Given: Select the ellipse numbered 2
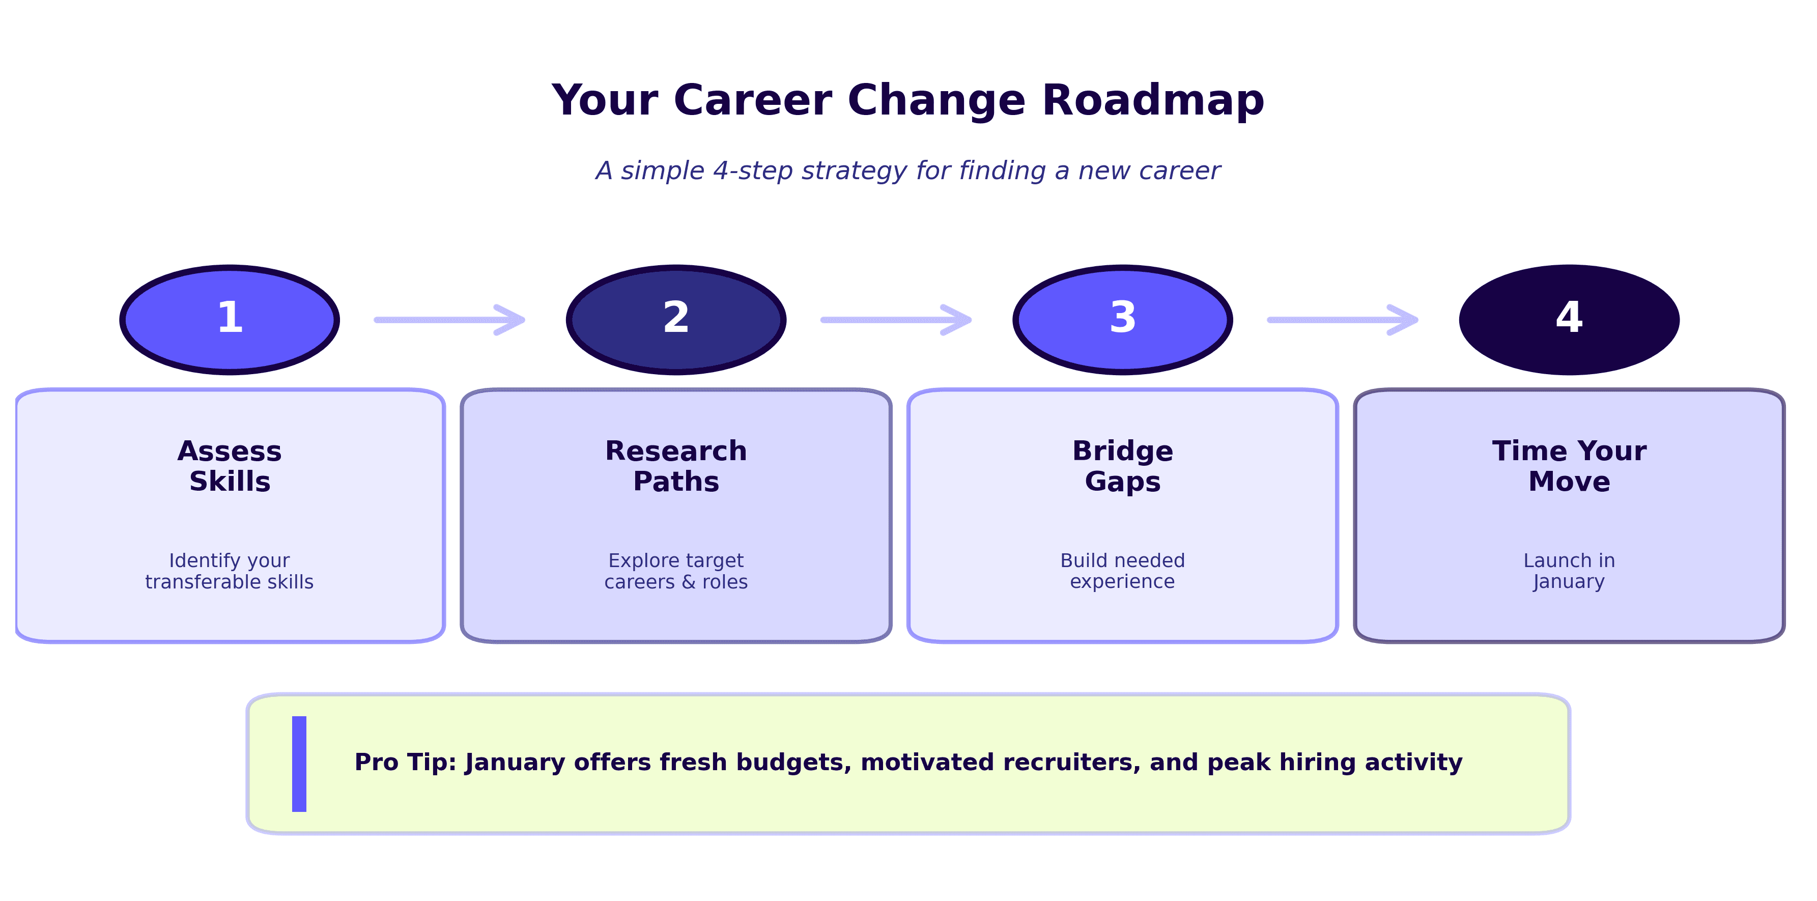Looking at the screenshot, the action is pyautogui.click(x=676, y=320).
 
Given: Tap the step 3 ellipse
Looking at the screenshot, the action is pyautogui.click(x=1122, y=320).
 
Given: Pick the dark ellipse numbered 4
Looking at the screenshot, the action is pyautogui.click(x=1569, y=320).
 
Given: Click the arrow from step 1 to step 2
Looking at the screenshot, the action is pyautogui.click(x=450, y=320).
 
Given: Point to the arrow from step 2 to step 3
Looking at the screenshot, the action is pyautogui.click(x=896, y=320).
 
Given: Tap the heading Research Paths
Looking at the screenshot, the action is pyautogui.click(x=676, y=466).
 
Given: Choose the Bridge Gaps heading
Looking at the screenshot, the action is pyautogui.click(x=1122, y=466).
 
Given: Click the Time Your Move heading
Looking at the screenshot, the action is pyautogui.click(x=1569, y=466).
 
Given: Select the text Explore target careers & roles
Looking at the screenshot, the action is pyautogui.click(x=676, y=571).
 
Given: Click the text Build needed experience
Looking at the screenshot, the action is pyautogui.click(x=1122, y=571).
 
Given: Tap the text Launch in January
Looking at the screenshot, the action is pyautogui.click(x=1569, y=571).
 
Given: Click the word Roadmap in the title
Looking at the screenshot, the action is pyautogui.click(x=1153, y=100).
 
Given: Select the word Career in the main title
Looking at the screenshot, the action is pyautogui.click(x=753, y=100).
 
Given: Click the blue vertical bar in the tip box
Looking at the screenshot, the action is pyautogui.click(x=299, y=764).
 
